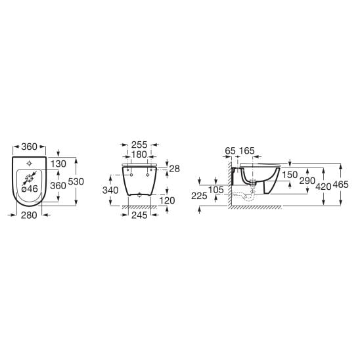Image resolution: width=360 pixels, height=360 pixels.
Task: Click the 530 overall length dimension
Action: (x=76, y=181)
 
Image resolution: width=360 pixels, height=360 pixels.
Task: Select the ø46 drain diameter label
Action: (x=30, y=189)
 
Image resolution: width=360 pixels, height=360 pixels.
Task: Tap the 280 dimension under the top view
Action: (x=29, y=215)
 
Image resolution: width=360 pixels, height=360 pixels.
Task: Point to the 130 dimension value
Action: (x=58, y=164)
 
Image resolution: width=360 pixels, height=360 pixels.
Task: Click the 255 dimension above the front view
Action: (x=139, y=145)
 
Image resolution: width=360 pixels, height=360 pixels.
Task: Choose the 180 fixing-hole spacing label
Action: (x=139, y=155)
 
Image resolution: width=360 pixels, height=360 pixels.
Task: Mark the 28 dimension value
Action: (x=175, y=169)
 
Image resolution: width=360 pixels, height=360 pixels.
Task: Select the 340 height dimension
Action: (x=110, y=191)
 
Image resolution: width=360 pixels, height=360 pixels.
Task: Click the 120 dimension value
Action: (x=167, y=200)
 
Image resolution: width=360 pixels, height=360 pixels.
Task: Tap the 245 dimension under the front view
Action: (x=139, y=215)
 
